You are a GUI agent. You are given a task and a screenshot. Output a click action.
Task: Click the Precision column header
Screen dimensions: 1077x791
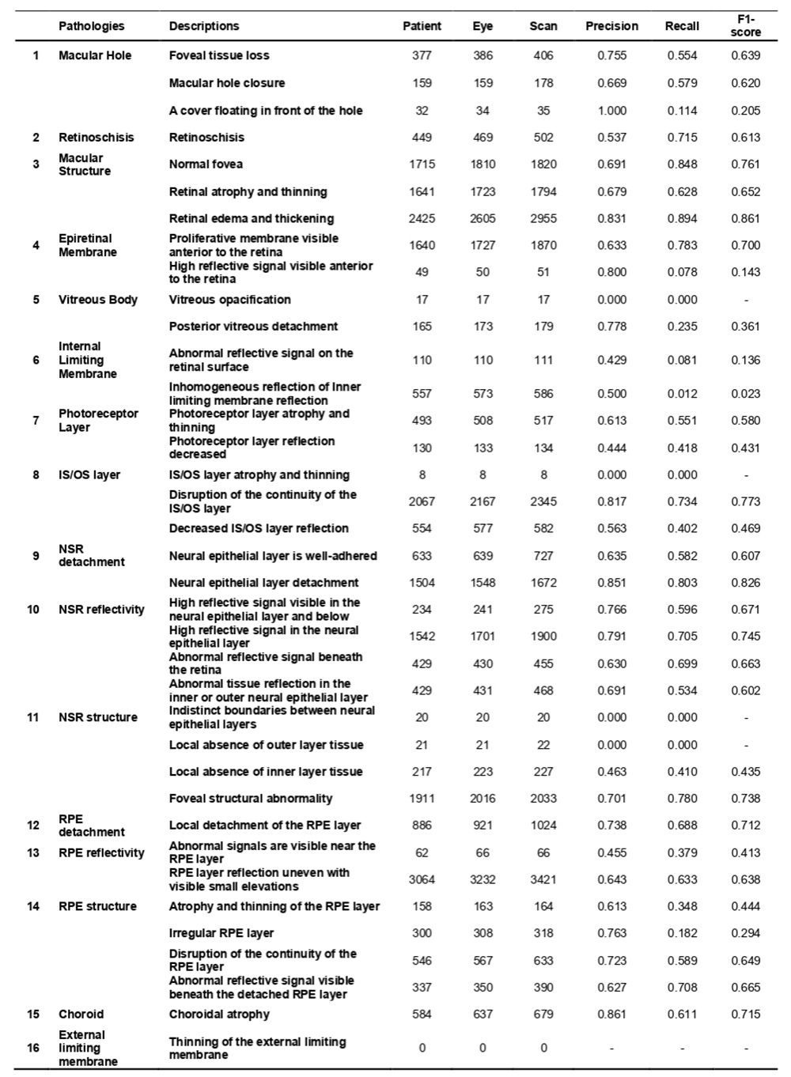611,26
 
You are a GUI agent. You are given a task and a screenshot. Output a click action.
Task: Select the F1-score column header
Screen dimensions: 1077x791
745,26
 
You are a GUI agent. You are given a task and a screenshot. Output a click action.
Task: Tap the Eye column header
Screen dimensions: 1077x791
483,26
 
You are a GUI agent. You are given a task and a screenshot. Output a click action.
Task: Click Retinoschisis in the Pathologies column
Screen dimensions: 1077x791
96,138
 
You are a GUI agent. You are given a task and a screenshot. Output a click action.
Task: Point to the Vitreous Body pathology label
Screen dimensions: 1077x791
97,300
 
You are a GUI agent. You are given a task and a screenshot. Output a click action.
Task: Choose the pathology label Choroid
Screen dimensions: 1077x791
81,1015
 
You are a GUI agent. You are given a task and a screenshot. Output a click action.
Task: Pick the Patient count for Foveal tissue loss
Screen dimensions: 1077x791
422,56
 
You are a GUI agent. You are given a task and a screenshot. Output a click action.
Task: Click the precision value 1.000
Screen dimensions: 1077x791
611,111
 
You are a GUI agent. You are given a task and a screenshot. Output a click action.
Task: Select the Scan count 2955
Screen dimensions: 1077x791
543,219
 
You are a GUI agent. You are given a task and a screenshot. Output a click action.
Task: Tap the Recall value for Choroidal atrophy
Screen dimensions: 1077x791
682,1015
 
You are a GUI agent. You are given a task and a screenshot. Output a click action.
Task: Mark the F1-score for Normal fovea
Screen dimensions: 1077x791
745,164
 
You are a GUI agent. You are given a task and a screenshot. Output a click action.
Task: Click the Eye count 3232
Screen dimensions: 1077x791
483,879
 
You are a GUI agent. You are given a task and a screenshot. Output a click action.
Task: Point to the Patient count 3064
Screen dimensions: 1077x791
422,879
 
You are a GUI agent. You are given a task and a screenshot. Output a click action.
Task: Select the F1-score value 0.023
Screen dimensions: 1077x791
745,394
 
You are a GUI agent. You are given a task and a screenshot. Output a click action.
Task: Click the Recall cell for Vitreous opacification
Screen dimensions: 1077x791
682,300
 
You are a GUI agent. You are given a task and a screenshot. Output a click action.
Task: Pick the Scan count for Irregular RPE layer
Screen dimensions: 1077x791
543,933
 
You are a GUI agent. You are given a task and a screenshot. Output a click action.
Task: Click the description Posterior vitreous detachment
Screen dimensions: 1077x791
253,327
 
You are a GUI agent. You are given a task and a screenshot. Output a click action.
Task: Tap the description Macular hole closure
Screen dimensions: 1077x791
227,83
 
